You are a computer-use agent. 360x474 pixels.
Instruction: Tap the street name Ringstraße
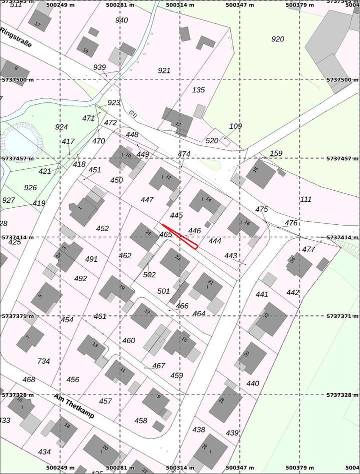(x=16, y=37)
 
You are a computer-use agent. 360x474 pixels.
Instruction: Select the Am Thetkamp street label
(x=74, y=406)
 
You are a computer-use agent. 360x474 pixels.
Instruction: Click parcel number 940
(x=121, y=20)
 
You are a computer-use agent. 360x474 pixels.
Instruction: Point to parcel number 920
(x=277, y=39)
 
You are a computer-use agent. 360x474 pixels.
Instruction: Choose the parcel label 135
(x=198, y=90)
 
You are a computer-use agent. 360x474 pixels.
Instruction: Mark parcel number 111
(x=305, y=199)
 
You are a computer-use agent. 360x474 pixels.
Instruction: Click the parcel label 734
(x=43, y=361)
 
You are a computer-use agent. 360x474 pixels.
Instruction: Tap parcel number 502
(x=149, y=275)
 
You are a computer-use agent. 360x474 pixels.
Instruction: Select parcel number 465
(x=166, y=234)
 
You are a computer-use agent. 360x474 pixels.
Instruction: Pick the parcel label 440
(x=253, y=384)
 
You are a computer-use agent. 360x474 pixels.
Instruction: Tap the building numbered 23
(x=175, y=261)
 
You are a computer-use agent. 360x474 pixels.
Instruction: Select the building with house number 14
(x=205, y=201)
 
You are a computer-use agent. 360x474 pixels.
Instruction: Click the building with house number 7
(x=30, y=340)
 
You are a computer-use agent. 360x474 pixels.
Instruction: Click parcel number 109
(x=235, y=126)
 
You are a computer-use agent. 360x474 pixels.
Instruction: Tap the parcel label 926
(x=30, y=188)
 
